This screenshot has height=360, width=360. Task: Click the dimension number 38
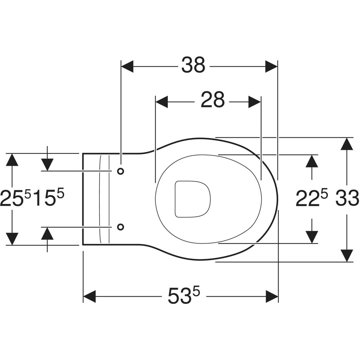pyautogui.click(x=193, y=65)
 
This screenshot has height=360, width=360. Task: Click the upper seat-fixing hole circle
pyautogui.click(x=121, y=171)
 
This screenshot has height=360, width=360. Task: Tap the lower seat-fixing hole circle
pyautogui.click(x=121, y=227)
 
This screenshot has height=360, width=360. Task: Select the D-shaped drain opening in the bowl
pyautogui.click(x=192, y=199)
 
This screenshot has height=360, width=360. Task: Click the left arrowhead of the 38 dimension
pyautogui.click(x=127, y=66)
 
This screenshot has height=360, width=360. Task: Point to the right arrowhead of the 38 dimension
pyautogui.click(x=271, y=66)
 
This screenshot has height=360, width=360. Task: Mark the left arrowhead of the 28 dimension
pyautogui.click(x=162, y=102)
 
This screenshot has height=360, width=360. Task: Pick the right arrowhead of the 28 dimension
pyautogui.click(x=254, y=102)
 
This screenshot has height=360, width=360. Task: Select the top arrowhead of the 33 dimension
pyautogui.click(x=347, y=144)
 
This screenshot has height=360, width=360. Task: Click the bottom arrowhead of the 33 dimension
pyautogui.click(x=347, y=256)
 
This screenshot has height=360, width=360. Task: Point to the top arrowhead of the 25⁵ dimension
pyautogui.click(x=12, y=160)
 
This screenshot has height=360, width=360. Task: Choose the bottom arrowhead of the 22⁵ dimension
pyautogui.click(x=312, y=237)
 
